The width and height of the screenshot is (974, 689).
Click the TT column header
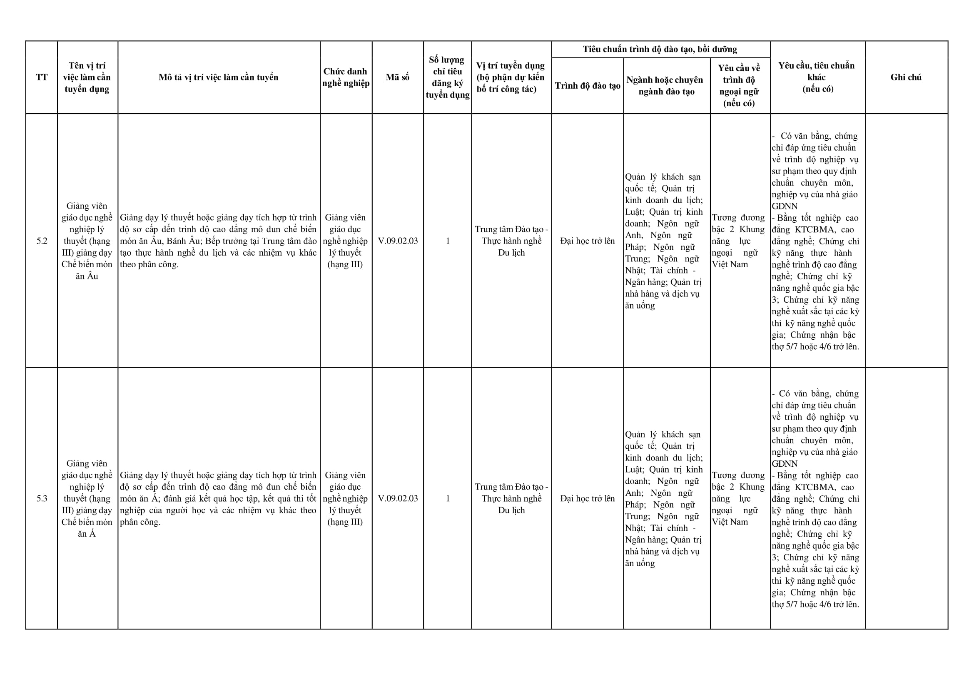42,77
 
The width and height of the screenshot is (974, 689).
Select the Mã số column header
398,77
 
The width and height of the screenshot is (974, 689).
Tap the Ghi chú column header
906,77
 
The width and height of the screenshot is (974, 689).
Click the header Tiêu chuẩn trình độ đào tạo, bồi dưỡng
660,49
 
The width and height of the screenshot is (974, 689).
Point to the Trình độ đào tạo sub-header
588,86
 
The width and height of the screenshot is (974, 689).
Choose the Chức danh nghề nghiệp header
346,77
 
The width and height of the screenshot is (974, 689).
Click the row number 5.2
42,241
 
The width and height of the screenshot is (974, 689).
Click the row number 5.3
42,498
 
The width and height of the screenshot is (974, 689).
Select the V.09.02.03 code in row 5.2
398,241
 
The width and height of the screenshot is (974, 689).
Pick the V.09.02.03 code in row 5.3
398,498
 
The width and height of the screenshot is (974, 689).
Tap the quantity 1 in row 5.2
447,241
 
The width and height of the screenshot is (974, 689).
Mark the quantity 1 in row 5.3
447,498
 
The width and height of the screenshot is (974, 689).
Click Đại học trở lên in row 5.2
588,241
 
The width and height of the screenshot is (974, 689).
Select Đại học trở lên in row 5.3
588,498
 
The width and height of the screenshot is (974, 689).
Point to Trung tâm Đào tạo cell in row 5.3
511,498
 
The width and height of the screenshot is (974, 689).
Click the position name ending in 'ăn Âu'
87,241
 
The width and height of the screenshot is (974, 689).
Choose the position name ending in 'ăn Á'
87,498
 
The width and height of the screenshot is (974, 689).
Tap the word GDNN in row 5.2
785,206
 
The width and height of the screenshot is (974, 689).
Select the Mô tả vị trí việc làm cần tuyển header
219,77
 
